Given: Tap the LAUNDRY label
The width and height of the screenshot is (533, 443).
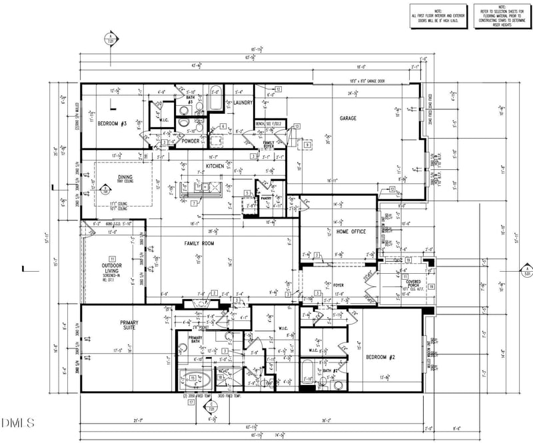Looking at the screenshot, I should point(243,103).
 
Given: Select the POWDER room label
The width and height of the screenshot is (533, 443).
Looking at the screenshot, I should point(191,141).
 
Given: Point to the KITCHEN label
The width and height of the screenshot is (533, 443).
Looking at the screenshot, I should point(215,165).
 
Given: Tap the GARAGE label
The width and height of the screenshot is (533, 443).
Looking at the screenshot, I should point(348,118).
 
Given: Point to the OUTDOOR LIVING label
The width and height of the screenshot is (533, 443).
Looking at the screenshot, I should point(111,268).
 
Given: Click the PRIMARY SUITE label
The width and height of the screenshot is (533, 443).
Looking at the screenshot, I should point(129,326).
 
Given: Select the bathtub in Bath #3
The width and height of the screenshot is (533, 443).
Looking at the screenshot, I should point(217,102).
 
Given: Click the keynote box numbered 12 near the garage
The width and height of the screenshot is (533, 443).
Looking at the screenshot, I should point(278,88).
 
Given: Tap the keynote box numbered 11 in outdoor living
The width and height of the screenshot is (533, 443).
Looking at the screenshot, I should point(113,258).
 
